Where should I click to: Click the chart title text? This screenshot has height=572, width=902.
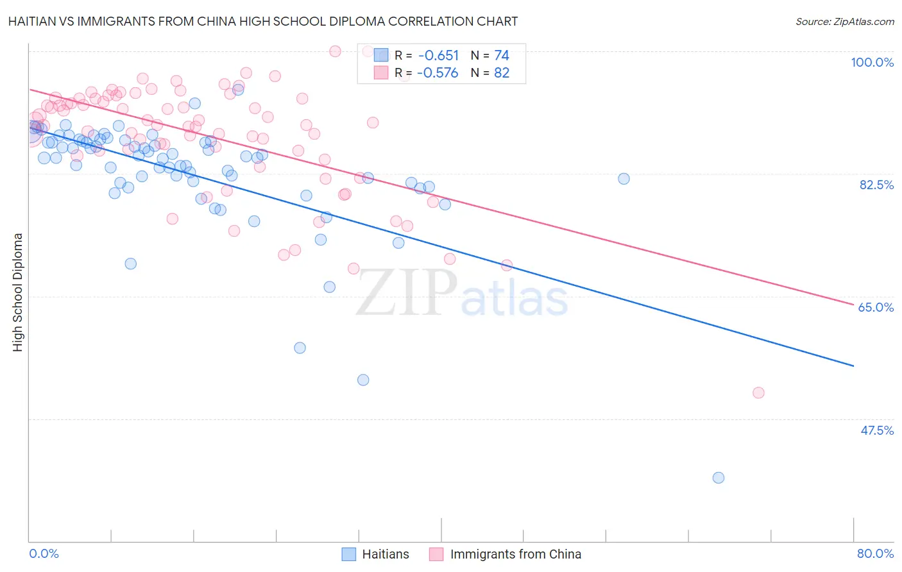click(263, 21)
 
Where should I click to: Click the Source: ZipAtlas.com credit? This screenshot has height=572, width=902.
click(844, 21)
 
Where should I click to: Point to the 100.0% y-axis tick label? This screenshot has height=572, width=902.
click(872, 62)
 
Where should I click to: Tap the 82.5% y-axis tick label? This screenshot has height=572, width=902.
click(876, 185)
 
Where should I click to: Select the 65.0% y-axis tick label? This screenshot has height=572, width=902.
click(876, 307)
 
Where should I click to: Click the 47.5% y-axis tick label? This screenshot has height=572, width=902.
click(876, 430)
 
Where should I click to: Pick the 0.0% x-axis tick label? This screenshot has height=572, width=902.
click(44, 553)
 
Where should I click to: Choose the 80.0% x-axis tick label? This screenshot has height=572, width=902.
click(875, 553)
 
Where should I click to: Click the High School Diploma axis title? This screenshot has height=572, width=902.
click(18, 292)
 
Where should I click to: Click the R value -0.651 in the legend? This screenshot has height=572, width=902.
click(438, 55)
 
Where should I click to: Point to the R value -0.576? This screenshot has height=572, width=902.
click(438, 73)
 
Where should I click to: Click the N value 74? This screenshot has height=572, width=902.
click(501, 55)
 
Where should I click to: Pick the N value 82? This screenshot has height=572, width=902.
click(501, 73)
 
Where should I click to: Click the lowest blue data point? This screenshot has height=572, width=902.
click(719, 478)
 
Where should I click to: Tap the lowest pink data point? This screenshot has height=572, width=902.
click(758, 392)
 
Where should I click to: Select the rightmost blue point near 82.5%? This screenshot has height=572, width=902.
click(624, 179)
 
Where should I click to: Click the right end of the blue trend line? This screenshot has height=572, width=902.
click(853, 366)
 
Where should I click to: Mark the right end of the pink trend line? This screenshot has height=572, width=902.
click(853, 305)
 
